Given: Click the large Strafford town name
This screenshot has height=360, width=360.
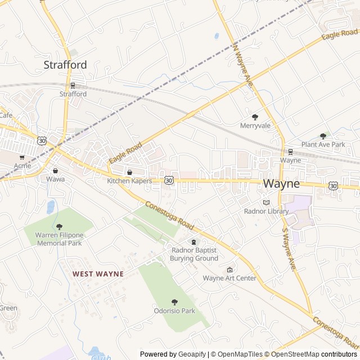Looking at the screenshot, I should click(x=65, y=65).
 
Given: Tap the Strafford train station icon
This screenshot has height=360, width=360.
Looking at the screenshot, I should click(x=73, y=85).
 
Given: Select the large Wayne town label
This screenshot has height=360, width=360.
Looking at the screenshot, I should click(x=281, y=183).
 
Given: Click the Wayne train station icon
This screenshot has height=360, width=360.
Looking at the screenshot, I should click(x=290, y=151).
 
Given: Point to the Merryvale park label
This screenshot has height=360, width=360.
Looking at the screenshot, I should click(x=255, y=125).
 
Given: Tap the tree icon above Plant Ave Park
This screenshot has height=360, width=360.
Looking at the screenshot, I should click(x=323, y=136).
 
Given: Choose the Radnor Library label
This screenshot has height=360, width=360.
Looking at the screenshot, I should click(x=266, y=211).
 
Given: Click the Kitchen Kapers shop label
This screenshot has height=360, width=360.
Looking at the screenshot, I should click(x=129, y=181).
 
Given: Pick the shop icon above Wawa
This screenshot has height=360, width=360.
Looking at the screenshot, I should click(x=55, y=170).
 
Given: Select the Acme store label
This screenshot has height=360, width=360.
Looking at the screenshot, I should click(x=22, y=166).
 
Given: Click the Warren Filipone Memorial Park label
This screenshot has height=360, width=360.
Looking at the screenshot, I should click(x=59, y=239).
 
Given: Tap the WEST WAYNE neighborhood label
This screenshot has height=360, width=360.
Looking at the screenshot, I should click(x=98, y=274).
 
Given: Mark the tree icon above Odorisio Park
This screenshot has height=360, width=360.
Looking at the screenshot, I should click(x=174, y=302).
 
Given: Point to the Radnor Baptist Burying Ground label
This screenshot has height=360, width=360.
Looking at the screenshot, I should click(x=194, y=254).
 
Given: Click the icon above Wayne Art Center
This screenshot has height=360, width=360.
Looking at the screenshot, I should click(x=229, y=270).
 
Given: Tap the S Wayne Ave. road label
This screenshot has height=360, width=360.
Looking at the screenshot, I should click(x=289, y=247).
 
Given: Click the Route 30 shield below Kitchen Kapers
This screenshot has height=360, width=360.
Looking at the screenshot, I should click(x=169, y=180).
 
